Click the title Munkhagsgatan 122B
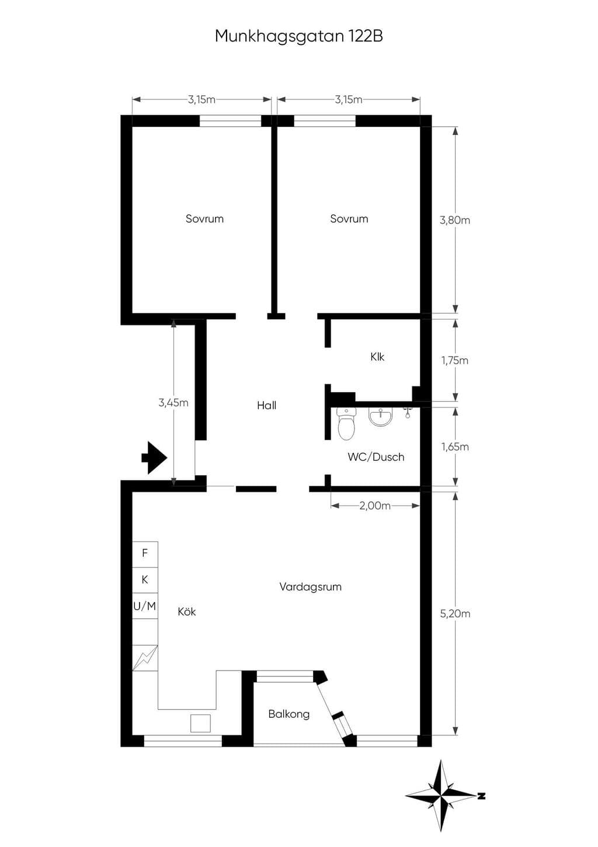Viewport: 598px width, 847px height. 299,37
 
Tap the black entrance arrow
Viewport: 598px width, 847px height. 154,458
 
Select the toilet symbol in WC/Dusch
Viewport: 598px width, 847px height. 346,423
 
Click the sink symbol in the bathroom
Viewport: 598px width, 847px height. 381,417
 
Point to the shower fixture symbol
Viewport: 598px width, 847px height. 407,413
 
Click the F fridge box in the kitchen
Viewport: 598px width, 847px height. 145,553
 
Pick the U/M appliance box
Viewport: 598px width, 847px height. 145,606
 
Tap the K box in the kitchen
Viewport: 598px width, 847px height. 145,580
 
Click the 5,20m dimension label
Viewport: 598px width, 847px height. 455,613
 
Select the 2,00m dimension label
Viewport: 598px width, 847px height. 375,506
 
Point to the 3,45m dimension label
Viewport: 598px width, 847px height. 173,403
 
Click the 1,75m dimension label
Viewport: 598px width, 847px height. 455,360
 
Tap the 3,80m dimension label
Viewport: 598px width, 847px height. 455,220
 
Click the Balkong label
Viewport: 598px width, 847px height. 289,714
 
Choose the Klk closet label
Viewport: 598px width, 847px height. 377,357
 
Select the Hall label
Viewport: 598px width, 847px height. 267,405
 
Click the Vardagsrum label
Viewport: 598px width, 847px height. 311,587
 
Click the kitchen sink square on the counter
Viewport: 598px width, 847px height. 200,723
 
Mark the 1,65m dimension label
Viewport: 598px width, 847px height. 455,447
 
